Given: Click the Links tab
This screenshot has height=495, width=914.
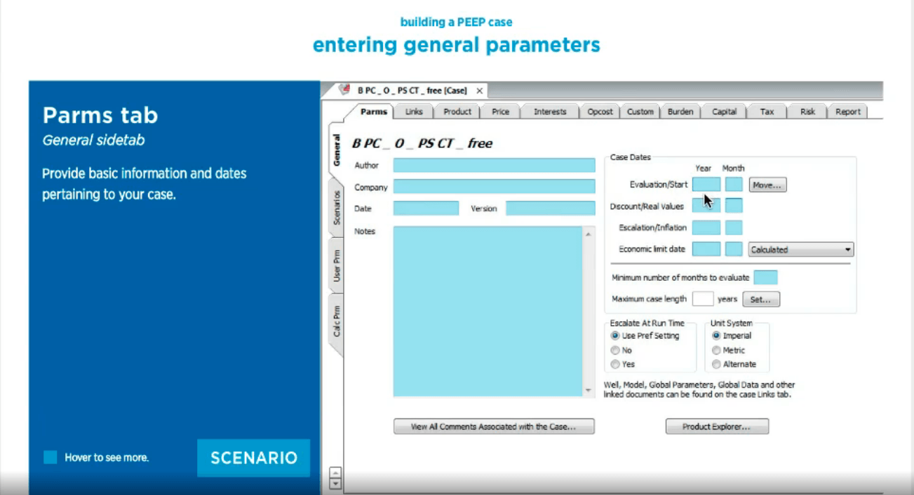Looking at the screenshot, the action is coord(414,112).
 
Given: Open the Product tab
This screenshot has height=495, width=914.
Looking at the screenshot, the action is coord(457,112).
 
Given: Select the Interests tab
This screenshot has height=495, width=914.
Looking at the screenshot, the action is coord(550,112).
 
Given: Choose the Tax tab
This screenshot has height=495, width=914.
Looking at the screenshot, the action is coord(767,112).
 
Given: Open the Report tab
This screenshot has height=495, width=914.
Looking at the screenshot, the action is coord(847,112).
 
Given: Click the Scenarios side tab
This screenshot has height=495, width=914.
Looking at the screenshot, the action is coord(337,207).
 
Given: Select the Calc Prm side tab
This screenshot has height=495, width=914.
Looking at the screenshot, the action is coord(337,321).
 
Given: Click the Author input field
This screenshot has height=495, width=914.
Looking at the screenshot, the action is coord(494,165).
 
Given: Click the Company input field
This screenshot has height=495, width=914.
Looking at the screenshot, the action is coord(494,186).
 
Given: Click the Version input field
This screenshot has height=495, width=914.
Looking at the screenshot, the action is coord(551,208).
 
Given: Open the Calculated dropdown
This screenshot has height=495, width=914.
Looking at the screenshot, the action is coord(800,249).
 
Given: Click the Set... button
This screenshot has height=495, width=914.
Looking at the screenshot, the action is coord(761,299).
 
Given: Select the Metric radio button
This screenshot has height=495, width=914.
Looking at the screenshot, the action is coord(716,350).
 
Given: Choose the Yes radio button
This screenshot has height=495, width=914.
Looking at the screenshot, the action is coord(615,364).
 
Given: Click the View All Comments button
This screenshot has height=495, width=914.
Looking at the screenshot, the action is coord(494,426).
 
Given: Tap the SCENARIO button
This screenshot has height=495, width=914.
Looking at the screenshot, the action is coord(253,458).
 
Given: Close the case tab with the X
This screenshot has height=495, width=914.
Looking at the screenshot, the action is coord(479,91).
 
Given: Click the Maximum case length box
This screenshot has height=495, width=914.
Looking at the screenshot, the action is coord(703,299).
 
